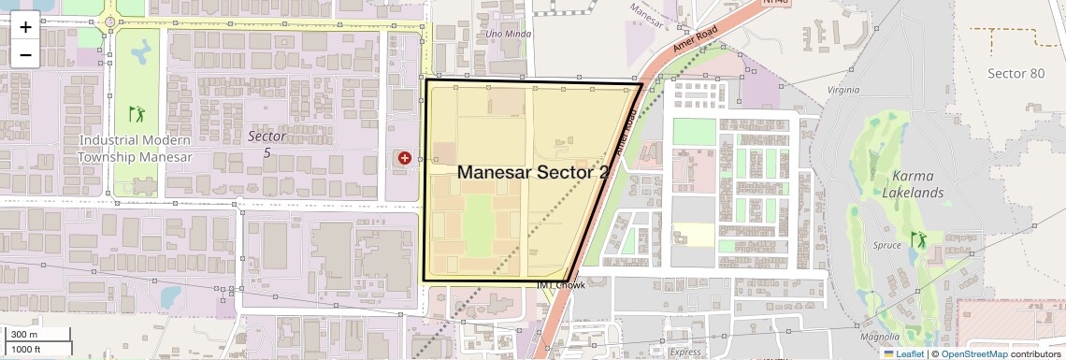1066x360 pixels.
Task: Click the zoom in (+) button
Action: click(25, 26)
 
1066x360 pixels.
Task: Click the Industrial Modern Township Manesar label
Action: click(135, 149)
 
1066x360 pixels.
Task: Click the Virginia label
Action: click(843, 91)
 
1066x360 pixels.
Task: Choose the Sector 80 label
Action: click(1016, 73)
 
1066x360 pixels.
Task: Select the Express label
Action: click(685, 353)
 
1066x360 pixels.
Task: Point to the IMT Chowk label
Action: click(561, 285)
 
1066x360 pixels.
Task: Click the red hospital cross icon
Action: click(405, 159)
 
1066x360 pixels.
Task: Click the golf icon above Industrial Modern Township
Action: click(137, 115)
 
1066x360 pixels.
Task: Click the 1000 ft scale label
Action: click(27, 349)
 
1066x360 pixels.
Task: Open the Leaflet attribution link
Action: click(903, 353)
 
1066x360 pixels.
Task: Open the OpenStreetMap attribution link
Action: click(973, 353)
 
